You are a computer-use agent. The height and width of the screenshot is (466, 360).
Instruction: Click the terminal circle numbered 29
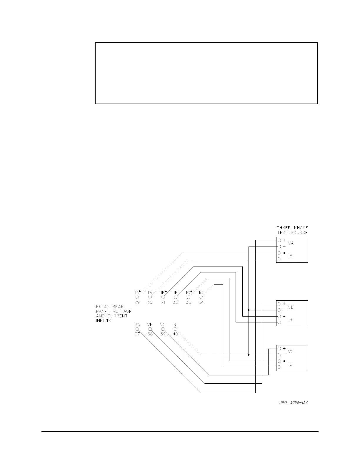click(137, 297)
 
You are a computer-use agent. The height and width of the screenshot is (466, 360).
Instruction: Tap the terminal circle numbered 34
click(201, 297)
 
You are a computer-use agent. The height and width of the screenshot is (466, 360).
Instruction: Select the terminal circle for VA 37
click(137, 329)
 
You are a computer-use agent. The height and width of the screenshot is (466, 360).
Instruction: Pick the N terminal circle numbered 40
click(176, 329)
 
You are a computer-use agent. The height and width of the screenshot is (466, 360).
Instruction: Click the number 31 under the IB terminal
click(163, 302)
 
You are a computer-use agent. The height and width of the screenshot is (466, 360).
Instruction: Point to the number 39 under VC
click(163, 334)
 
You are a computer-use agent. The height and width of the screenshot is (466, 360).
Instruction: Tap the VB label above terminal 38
click(150, 324)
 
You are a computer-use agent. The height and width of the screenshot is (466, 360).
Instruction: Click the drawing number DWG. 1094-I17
click(293, 402)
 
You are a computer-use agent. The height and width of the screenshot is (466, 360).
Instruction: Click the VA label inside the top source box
click(291, 243)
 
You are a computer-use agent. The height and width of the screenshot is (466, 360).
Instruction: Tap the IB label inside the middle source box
click(290, 319)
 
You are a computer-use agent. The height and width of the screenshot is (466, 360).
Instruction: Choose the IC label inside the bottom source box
click(290, 364)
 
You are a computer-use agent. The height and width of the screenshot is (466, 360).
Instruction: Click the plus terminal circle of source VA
click(279, 240)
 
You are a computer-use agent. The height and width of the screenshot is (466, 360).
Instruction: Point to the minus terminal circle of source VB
click(279, 310)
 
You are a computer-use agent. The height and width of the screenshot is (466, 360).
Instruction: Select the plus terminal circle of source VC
click(279, 349)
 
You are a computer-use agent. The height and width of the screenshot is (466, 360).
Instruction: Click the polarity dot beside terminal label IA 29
click(140, 291)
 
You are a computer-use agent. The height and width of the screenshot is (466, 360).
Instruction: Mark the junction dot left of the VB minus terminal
click(249, 310)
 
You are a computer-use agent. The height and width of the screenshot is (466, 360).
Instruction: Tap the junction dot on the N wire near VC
click(249, 355)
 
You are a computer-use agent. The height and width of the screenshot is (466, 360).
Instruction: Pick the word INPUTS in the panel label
click(103, 321)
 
